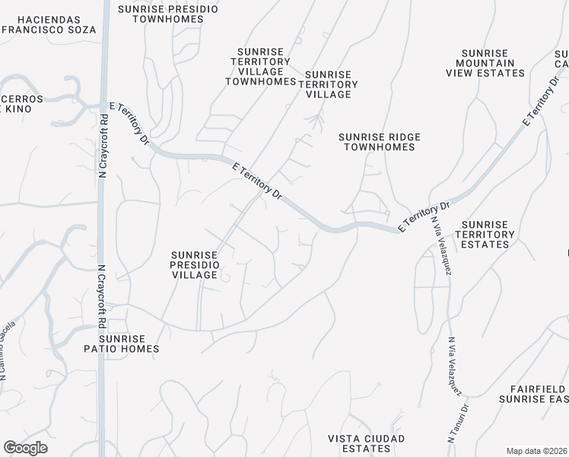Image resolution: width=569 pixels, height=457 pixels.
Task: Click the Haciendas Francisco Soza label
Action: click(x=49, y=24)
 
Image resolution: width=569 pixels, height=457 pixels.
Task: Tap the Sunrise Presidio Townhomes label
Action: click(x=168, y=14)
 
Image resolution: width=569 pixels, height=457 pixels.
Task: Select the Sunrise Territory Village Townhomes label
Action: click(x=260, y=66)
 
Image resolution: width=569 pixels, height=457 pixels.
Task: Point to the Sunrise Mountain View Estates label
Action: click(x=486, y=62)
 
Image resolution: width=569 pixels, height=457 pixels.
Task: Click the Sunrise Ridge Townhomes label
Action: click(x=379, y=142)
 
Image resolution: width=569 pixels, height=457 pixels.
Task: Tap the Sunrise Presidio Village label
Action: click(x=195, y=264)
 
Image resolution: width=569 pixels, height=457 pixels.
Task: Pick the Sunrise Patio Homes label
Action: click(x=129, y=344)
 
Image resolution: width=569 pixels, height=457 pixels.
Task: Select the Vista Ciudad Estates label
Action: click(x=366, y=443)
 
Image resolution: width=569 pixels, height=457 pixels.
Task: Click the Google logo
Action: click(x=25, y=448)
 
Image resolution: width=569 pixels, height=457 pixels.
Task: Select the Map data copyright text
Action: click(x=537, y=450)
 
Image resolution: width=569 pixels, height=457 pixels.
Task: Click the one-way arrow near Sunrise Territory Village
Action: click(x=318, y=119)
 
